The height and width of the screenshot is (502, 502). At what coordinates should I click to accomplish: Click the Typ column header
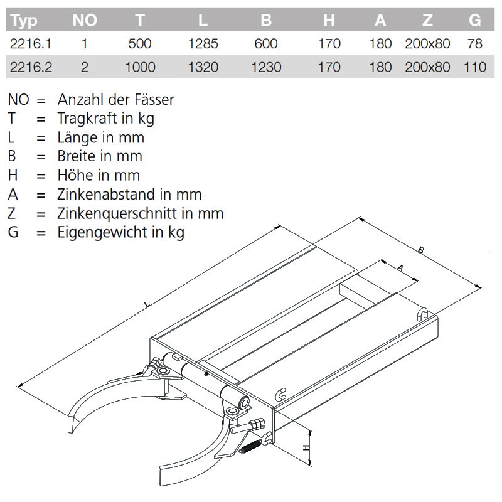click(x=24, y=21)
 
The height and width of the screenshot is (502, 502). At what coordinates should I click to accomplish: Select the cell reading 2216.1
click(x=29, y=44)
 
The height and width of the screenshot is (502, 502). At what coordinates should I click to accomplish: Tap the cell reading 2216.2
click(x=29, y=67)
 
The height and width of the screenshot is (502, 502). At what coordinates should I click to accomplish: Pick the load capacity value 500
click(x=139, y=44)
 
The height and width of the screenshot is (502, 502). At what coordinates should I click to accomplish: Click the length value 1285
click(x=202, y=44)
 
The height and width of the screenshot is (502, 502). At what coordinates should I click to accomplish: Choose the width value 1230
click(x=266, y=67)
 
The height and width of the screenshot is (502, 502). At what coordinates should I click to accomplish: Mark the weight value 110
click(x=475, y=67)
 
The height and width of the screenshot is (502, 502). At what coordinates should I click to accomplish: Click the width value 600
click(x=266, y=44)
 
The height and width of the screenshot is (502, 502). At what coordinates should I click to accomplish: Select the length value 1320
click(x=202, y=67)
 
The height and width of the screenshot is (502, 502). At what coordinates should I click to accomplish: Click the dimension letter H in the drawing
click(x=306, y=447)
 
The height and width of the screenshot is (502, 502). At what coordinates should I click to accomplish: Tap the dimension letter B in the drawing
click(x=422, y=250)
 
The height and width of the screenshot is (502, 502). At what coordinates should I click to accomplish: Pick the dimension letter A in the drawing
click(x=399, y=267)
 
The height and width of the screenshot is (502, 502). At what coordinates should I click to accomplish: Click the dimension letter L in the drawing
click(x=146, y=305)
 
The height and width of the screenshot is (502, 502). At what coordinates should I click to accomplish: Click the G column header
click(x=475, y=21)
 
